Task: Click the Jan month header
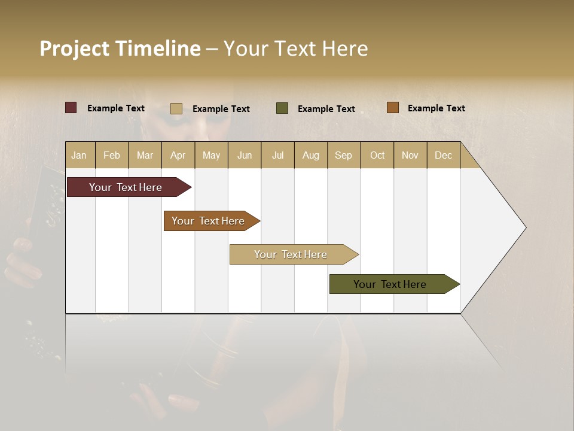pyautogui.click(x=79, y=155)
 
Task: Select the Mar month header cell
pyautogui.click(x=145, y=155)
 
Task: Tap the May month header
pyautogui.click(x=211, y=155)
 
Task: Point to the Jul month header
pyautogui.click(x=277, y=155)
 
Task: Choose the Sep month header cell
pyautogui.click(x=343, y=155)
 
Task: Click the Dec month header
pyautogui.click(x=443, y=155)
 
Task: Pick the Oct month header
pyautogui.click(x=377, y=155)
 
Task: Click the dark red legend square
pyautogui.click(x=71, y=108)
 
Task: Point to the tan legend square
pyautogui.click(x=176, y=108)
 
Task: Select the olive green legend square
pyautogui.click(x=282, y=108)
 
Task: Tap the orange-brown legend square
pyautogui.click(x=392, y=108)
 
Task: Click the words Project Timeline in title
pyautogui.click(x=120, y=48)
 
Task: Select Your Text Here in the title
pyautogui.click(x=295, y=48)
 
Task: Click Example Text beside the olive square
pyautogui.click(x=326, y=109)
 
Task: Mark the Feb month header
pyautogui.click(x=112, y=155)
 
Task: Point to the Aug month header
pyautogui.click(x=310, y=155)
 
